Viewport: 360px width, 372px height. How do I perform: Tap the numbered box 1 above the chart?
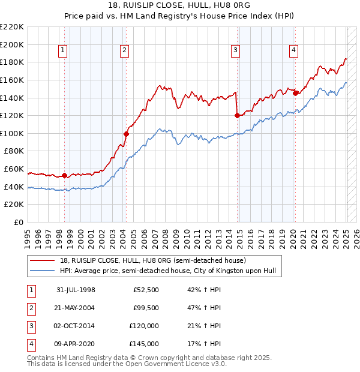[64, 51]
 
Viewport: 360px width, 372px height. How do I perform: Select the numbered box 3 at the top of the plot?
[236, 51]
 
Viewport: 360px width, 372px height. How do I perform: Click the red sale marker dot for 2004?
[127, 134]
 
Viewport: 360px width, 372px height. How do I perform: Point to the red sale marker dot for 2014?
[237, 115]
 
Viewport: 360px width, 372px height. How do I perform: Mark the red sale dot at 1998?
[65, 175]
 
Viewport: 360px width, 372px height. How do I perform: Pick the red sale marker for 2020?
[295, 93]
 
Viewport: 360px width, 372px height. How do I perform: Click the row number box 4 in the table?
[30, 344]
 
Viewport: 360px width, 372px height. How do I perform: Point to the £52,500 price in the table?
[146, 289]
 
